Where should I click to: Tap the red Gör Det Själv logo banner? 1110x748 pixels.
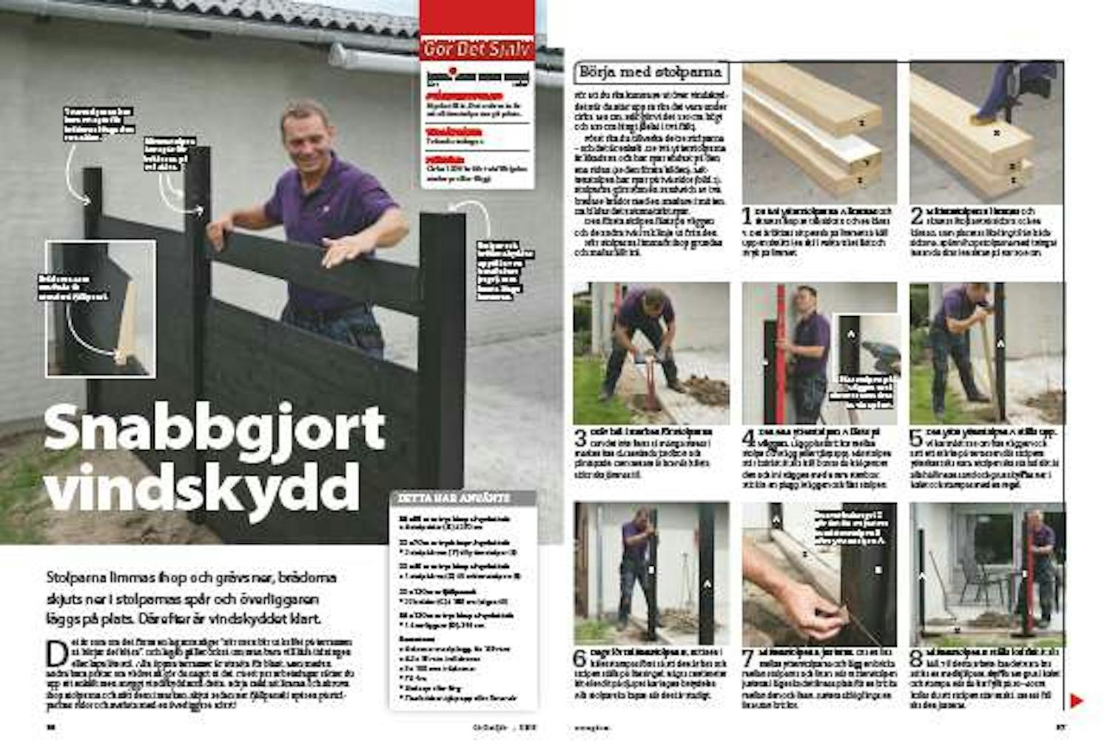click(477, 49)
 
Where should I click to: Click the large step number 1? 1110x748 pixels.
click(747, 216)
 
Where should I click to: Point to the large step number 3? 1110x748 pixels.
click(580, 437)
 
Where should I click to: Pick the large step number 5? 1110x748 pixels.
click(915, 437)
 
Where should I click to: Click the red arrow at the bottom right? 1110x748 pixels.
click(1076, 700)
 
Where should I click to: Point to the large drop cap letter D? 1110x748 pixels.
click(56, 654)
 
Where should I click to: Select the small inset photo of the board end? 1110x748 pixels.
click(101, 308)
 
